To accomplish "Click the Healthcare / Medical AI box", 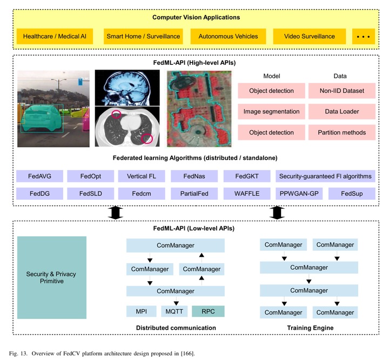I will [x=55, y=37].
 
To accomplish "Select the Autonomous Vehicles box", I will [x=224, y=37].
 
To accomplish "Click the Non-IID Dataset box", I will [x=341, y=91].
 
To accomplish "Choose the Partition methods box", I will [x=341, y=132].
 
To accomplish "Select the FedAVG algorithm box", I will [x=39, y=176].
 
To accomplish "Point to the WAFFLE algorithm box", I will [x=247, y=193].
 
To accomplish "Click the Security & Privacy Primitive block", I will [x=51, y=277].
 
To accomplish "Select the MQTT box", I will [x=173, y=311].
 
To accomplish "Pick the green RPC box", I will [x=207, y=311].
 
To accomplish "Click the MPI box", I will [x=142, y=311].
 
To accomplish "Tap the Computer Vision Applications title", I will [x=196, y=17].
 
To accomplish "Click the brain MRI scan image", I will [x=127, y=87].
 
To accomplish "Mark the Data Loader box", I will [x=341, y=112].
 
